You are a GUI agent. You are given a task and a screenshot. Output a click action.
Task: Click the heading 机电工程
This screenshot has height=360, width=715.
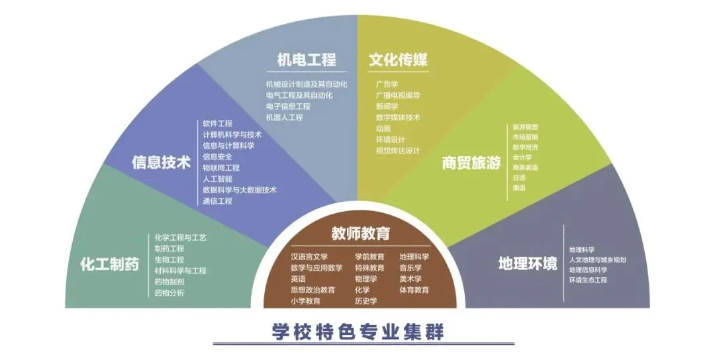tap(306, 60)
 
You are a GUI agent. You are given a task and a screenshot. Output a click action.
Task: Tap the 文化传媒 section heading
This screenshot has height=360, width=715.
tap(398, 60)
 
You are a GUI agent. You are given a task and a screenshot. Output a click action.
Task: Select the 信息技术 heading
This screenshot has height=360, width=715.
tap(162, 162)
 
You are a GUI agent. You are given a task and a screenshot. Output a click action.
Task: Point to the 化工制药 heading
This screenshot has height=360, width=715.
tap(109, 265)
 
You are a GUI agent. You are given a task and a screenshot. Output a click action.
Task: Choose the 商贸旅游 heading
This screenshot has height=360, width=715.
tap(471, 163)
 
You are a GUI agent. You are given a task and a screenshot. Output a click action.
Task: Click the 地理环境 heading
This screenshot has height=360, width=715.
tap(528, 264)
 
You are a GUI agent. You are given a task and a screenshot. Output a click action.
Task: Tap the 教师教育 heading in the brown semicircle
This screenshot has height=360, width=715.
tap(361, 234)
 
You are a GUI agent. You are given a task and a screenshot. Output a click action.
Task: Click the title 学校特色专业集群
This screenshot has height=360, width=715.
tap(358, 332)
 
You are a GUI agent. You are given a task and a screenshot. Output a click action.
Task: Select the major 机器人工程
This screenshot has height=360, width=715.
tap(285, 117)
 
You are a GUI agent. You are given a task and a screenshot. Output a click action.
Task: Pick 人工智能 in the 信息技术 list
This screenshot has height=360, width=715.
tap(217, 179)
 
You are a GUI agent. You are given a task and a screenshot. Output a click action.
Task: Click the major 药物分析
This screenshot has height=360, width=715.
tap(169, 292)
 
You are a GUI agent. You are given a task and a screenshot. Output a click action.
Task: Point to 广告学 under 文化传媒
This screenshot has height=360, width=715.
tap(387, 84)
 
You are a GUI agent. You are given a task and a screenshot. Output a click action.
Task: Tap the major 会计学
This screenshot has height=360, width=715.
tap(522, 157)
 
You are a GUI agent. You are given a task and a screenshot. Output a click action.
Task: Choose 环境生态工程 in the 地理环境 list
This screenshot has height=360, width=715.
tap(588, 280)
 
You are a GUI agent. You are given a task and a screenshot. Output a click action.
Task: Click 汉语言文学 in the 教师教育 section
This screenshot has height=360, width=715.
tap(309, 257)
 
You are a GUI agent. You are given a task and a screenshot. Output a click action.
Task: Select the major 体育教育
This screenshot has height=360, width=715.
tap(414, 290)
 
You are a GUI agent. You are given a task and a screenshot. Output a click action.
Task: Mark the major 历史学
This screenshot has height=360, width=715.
tap(365, 301)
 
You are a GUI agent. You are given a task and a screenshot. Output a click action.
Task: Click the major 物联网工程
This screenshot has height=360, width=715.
tap(221, 167)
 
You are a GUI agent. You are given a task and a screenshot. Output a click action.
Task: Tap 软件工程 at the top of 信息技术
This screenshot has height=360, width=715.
tap(217, 123)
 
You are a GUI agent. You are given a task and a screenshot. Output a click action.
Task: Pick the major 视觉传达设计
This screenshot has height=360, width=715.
tap(398, 151)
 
